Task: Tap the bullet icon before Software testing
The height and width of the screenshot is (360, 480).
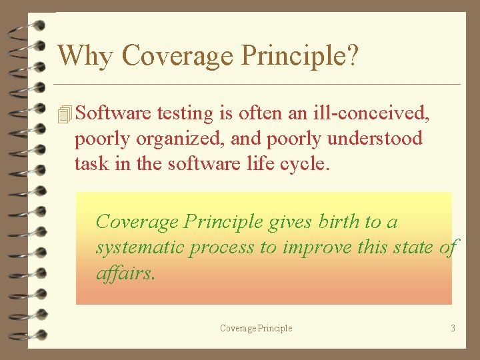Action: tap(65, 115)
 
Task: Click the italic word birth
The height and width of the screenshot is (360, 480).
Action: tap(339, 221)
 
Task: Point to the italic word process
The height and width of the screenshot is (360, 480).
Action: tap(221, 248)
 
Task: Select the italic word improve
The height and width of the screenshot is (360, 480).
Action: tap(315, 247)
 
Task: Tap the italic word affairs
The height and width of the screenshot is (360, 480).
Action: tap(125, 273)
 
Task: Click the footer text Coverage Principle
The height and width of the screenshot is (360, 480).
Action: tap(256, 328)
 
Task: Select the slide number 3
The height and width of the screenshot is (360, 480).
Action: tap(453, 328)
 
